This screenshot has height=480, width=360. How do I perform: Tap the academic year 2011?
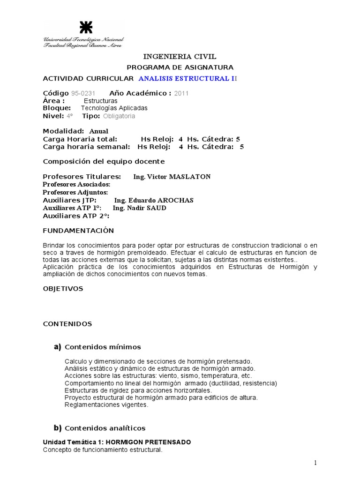[181, 93]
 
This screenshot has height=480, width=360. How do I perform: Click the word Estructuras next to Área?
[101, 100]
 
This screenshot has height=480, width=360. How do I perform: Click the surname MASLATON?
[187, 177]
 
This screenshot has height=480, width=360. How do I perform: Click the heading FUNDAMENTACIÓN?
[78, 231]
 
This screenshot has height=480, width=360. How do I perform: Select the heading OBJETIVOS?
[63, 289]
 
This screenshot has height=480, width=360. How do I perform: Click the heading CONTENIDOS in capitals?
[67, 324]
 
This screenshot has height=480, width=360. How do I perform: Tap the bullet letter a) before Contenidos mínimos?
[58, 347]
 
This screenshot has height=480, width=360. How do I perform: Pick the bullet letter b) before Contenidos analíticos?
[58, 427]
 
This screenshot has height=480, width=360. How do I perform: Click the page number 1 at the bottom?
[315, 463]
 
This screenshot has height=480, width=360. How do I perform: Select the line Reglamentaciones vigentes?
[106, 405]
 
